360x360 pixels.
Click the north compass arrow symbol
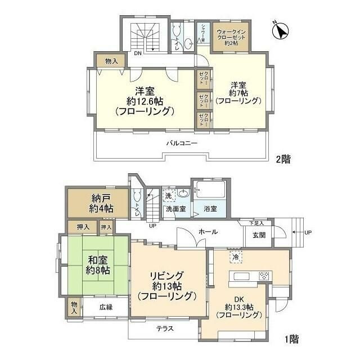(279, 31)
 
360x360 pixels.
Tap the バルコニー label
(181, 143)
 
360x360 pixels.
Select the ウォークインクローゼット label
(231, 37)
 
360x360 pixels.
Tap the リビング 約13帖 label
(166, 285)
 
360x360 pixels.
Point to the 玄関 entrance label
(259, 235)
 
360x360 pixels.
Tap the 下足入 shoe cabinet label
(258, 223)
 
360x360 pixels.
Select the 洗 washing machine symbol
(169, 195)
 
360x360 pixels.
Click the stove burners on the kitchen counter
(264, 276)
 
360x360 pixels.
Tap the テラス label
(164, 328)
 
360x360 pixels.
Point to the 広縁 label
(106, 307)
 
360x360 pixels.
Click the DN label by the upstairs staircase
(137, 54)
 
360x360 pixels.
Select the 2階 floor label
(283, 159)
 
